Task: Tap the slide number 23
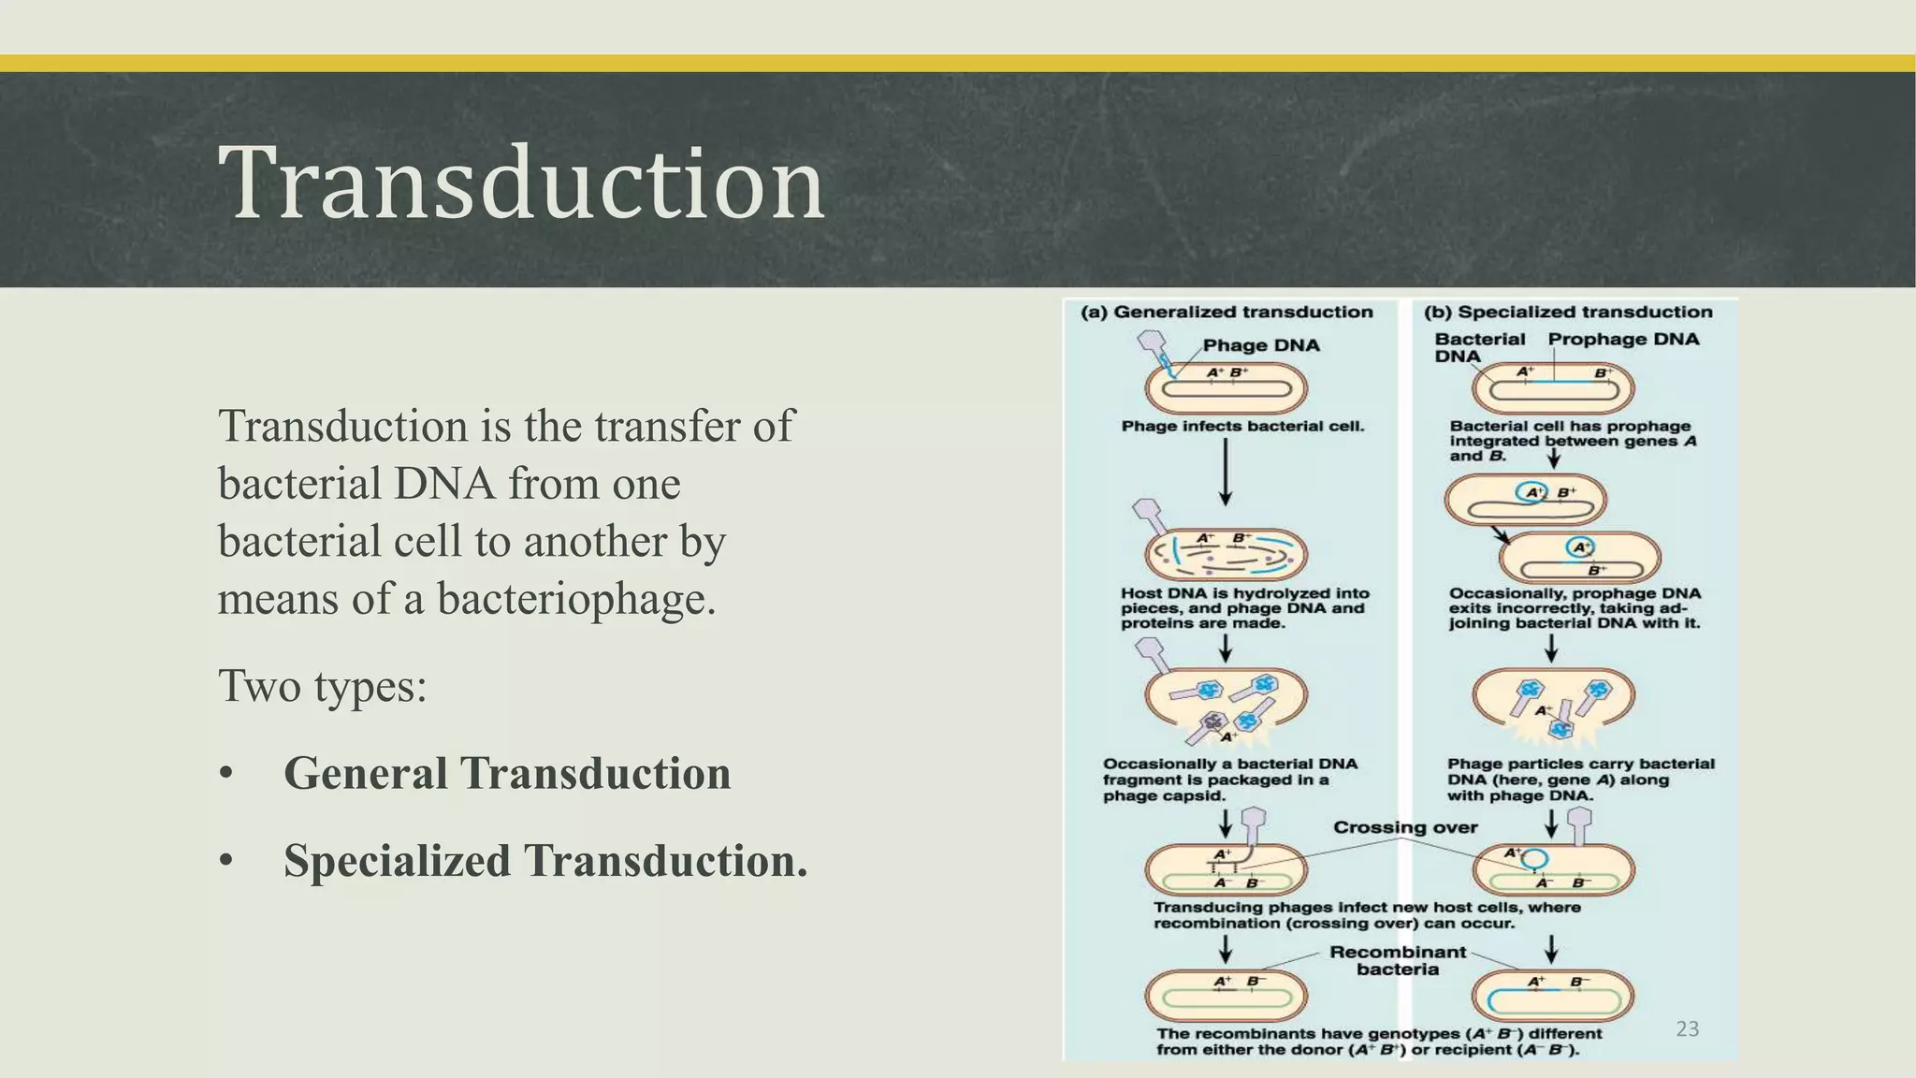pyautogui.click(x=1687, y=1029)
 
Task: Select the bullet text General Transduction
pyautogui.click(x=506, y=774)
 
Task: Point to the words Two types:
pyautogui.click(x=322, y=686)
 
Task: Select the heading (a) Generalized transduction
pyautogui.click(x=1227, y=313)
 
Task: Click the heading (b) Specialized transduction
pyautogui.click(x=1568, y=313)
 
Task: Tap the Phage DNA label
pyautogui.click(x=1260, y=345)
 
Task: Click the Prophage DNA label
pyautogui.click(x=1623, y=340)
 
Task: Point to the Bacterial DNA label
pyautogui.click(x=1478, y=347)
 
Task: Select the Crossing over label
pyautogui.click(x=1404, y=827)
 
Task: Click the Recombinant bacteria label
pyautogui.click(x=1398, y=960)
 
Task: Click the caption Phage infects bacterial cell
pyautogui.click(x=1242, y=427)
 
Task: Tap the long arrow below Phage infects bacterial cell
pyautogui.click(x=1226, y=473)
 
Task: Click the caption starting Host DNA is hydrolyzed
pyautogui.click(x=1243, y=608)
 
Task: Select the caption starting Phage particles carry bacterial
pyautogui.click(x=1580, y=779)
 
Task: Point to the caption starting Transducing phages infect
pyautogui.click(x=1366, y=915)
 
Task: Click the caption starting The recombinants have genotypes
pyautogui.click(x=1378, y=1042)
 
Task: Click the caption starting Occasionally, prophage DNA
pyautogui.click(x=1574, y=608)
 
